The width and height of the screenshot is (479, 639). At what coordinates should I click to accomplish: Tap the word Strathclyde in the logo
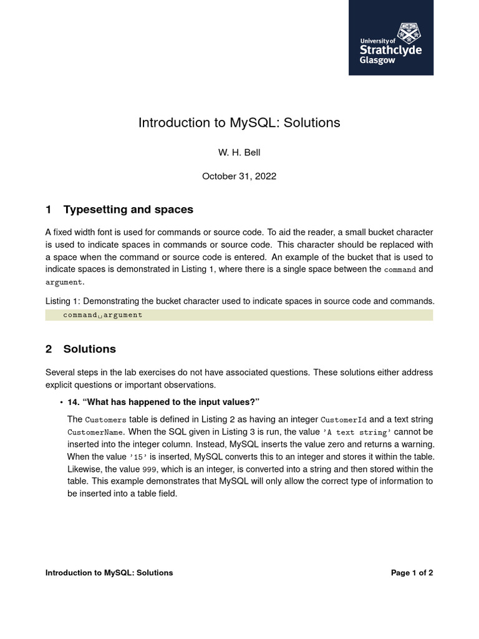point(390,50)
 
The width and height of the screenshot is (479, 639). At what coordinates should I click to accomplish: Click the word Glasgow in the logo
point(377,61)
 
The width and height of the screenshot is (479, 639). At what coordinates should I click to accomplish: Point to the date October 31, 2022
point(239,177)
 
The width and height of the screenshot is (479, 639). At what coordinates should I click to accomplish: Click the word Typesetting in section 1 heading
point(94,210)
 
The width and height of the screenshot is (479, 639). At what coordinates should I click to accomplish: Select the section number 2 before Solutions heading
point(49,349)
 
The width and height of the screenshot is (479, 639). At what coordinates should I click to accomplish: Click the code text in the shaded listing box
point(102,315)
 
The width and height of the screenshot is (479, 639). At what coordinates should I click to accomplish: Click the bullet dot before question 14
point(61,402)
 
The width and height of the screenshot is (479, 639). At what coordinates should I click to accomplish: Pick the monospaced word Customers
point(105,420)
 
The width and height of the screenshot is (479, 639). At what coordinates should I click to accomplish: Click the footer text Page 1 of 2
point(412,573)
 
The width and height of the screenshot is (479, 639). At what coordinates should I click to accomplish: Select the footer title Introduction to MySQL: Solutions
point(109,573)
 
